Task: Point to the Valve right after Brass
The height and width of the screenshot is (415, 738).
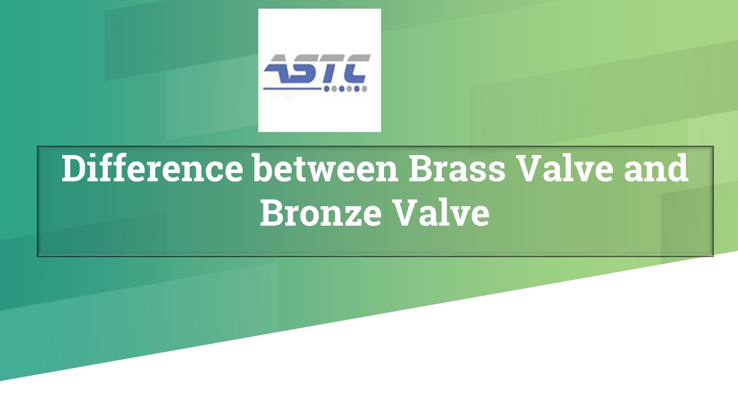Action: [x=558, y=168]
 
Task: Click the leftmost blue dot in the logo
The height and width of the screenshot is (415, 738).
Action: [x=327, y=89]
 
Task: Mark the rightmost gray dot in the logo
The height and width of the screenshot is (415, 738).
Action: [x=364, y=89]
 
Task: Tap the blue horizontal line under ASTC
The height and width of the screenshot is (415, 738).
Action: [x=291, y=89]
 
